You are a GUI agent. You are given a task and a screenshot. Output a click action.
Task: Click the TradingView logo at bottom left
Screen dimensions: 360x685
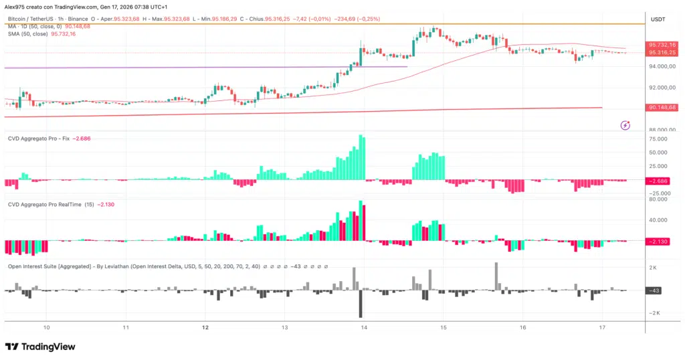pyautogui.click(x=40, y=347)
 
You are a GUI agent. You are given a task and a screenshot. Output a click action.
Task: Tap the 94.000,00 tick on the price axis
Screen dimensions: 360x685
pyautogui.click(x=661, y=66)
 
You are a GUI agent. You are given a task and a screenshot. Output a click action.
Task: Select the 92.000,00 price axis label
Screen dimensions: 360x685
pyautogui.click(x=661, y=88)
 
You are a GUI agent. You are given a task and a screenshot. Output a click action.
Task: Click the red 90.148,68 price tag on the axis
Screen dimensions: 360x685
pyautogui.click(x=661, y=107)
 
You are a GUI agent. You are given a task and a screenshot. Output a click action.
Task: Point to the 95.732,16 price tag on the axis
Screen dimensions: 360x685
pyautogui.click(x=661, y=45)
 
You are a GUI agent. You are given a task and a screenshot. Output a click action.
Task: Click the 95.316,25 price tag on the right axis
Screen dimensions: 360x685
pyautogui.click(x=661, y=52)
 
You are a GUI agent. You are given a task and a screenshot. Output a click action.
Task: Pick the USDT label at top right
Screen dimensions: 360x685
pyautogui.click(x=658, y=20)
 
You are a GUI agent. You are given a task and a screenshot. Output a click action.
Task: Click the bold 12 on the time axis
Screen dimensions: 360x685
pyautogui.click(x=205, y=328)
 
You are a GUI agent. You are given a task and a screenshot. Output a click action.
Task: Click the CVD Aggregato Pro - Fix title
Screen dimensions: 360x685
pyautogui.click(x=38, y=139)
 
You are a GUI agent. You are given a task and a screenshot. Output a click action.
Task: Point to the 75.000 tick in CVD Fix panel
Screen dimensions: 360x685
pyautogui.click(x=658, y=139)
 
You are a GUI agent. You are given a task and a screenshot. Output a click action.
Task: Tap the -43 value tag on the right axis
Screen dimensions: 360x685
pyautogui.click(x=655, y=290)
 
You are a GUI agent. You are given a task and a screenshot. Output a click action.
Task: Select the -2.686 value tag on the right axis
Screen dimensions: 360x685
pyautogui.click(x=660, y=181)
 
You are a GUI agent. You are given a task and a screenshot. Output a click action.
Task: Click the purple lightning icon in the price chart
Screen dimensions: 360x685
pyautogui.click(x=625, y=124)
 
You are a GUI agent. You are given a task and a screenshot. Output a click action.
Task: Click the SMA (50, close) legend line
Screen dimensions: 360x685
pyautogui.click(x=41, y=33)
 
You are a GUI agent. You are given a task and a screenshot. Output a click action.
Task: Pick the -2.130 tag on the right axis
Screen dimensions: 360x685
pyautogui.click(x=660, y=242)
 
